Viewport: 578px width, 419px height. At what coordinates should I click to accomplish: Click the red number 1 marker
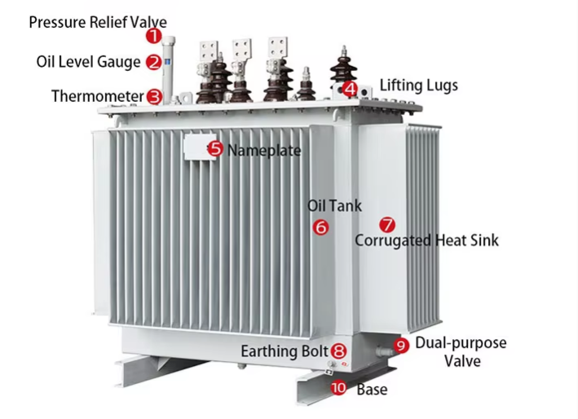tap(154, 36)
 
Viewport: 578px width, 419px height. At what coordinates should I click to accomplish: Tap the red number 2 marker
tap(154, 62)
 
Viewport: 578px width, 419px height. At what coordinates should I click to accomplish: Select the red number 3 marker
tap(154, 96)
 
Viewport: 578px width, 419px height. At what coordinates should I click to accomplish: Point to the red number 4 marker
tap(350, 89)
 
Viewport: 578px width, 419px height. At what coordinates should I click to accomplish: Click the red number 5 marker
tap(215, 149)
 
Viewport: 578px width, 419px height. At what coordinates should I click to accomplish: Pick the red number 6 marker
tap(320, 227)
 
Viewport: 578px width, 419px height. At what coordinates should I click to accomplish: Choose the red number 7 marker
tap(387, 224)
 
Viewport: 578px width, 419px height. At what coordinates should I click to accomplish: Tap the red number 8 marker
tap(338, 351)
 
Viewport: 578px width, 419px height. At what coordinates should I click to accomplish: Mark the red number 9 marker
tap(401, 346)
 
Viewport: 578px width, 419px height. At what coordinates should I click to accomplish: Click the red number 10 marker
tap(338, 388)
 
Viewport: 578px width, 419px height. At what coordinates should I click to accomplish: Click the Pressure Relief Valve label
tap(98, 23)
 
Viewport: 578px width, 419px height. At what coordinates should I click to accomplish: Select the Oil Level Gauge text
tap(89, 62)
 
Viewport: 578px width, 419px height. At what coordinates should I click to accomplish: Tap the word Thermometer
tap(97, 96)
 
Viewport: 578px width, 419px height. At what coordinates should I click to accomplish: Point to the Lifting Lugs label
tap(419, 85)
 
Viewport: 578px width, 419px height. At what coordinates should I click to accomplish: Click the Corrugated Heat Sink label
tap(426, 240)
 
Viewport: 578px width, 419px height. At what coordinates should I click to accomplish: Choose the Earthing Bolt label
tap(285, 351)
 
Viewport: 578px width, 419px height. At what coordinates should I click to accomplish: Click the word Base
tap(372, 390)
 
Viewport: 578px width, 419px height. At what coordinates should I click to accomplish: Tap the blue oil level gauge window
tap(167, 62)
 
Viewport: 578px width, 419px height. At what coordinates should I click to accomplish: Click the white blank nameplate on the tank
tap(200, 147)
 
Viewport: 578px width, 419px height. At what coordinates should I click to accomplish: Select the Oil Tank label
tap(334, 205)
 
